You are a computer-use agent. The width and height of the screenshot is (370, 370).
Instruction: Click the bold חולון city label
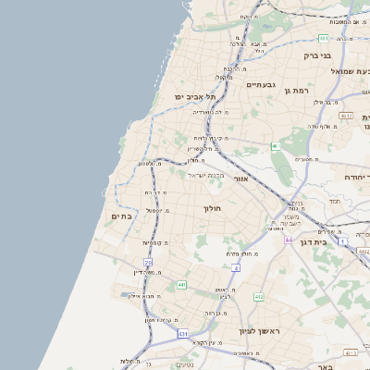pyautogui.click(x=213, y=209)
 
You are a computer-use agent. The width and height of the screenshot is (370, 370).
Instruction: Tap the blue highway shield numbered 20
pyautogui.click(x=148, y=263)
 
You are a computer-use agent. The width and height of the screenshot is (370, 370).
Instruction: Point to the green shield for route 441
pyautogui.click(x=181, y=284)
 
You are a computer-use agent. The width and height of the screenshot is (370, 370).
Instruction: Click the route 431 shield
pyautogui.click(x=183, y=333)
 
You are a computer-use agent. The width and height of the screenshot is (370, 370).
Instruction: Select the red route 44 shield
pyautogui.click(x=288, y=240)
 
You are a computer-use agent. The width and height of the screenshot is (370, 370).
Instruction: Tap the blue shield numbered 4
pyautogui.click(x=236, y=267)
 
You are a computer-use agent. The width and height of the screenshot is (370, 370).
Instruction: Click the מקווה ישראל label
pyautogui.click(x=206, y=174)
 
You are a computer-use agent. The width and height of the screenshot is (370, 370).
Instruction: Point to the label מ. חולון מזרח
pyautogui.click(x=242, y=252)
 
